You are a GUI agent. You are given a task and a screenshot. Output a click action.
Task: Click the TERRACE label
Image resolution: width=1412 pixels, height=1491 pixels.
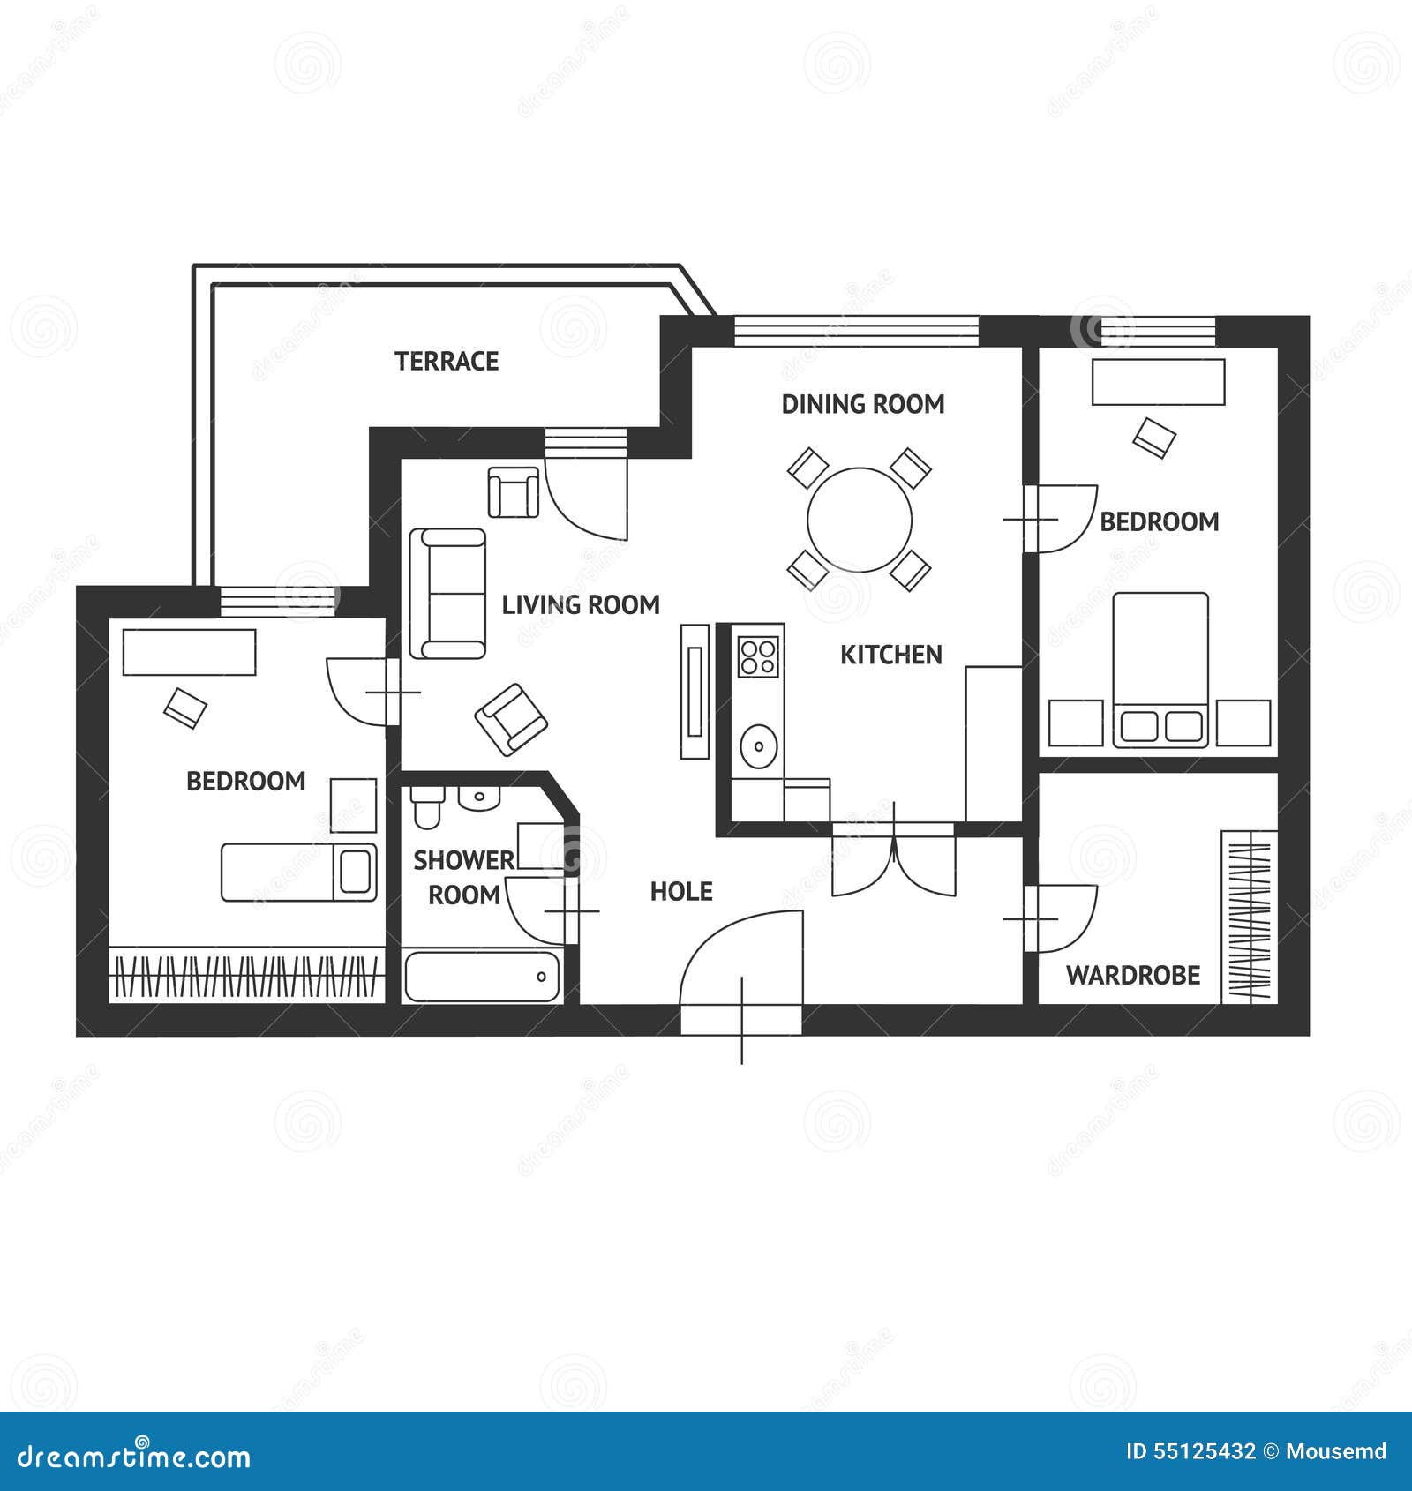coord(447,361)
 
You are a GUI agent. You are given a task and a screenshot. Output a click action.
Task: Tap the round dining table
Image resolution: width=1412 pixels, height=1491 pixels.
coord(860,520)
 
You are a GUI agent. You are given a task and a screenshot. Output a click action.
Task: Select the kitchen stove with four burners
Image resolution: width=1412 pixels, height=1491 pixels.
coord(758,656)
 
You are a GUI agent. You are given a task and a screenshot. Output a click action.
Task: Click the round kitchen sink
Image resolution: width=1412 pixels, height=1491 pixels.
coord(758,747)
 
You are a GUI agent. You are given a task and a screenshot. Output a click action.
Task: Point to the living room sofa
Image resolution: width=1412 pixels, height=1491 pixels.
coord(448,594)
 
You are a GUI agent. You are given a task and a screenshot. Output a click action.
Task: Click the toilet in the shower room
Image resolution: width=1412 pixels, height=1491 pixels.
coord(427,807)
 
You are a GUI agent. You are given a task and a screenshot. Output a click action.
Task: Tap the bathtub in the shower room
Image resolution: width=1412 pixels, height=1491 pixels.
coord(482,976)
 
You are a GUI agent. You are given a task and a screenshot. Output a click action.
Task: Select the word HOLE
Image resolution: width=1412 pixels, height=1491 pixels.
coord(681,891)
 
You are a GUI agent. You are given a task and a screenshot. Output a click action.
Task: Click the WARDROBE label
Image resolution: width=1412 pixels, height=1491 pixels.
coord(1133,975)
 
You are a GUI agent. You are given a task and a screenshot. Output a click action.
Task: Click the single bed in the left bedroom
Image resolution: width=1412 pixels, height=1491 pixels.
coord(298,872)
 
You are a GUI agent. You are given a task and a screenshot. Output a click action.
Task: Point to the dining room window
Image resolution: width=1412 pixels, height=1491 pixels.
coord(856,331)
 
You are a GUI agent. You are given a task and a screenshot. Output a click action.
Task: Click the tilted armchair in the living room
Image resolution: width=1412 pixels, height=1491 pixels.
coord(511,720)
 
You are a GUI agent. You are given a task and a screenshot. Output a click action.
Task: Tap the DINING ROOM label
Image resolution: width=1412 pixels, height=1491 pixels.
coord(863,404)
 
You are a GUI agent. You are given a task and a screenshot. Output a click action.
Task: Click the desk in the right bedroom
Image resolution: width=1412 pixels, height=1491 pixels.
coord(1158,382)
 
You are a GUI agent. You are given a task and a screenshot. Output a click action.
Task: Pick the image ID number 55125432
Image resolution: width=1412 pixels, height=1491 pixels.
coord(1190,1451)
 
